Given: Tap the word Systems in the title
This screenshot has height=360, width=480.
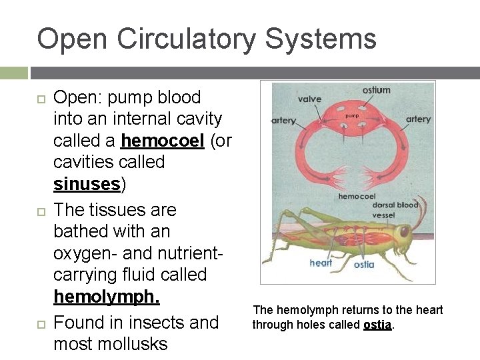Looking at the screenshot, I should [x=320, y=39].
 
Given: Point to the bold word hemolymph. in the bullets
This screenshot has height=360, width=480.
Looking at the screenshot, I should [x=106, y=295].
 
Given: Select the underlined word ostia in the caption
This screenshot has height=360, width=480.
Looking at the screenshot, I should [x=377, y=325].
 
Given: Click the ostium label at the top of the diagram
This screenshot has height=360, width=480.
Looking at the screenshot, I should [x=377, y=90].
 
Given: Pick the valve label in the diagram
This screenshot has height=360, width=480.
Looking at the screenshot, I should [x=309, y=99].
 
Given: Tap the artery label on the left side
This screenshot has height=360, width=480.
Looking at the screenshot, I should [x=284, y=120].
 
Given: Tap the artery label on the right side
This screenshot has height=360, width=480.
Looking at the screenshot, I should [x=418, y=119].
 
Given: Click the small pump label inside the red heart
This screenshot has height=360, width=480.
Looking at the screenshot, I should [x=351, y=116].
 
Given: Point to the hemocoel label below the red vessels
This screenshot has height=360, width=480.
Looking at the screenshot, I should [x=357, y=197].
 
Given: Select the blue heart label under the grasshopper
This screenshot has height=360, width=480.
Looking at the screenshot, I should [x=321, y=263].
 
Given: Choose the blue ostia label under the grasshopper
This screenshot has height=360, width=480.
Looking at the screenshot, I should [x=364, y=265].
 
